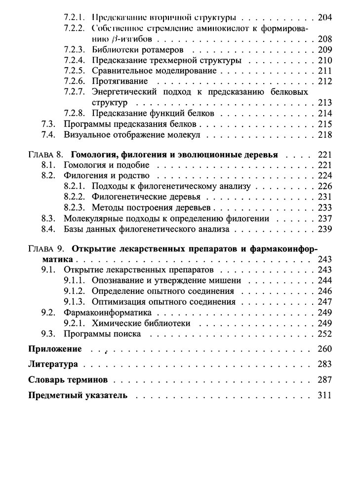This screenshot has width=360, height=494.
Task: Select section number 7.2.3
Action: (76, 50)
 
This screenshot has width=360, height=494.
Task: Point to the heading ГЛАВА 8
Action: (45, 155)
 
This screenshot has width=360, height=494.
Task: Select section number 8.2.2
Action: (76, 197)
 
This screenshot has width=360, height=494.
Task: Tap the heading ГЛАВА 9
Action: (45, 248)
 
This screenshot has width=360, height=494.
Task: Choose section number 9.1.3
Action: (76, 301)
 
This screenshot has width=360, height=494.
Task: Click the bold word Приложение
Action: (55, 349)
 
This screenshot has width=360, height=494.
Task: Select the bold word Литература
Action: (53, 365)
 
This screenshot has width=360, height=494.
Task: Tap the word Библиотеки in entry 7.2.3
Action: (117, 50)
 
